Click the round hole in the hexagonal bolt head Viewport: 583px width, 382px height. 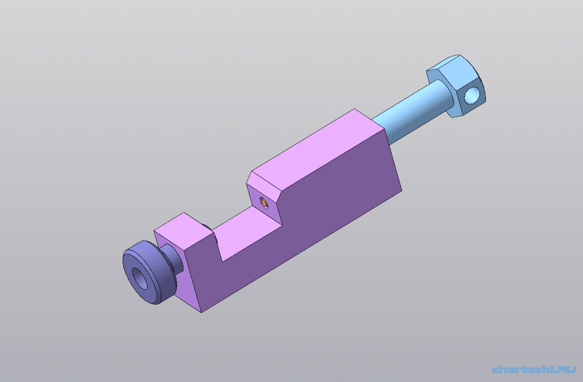[x=472, y=94]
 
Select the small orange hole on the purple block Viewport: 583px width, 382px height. [x=264, y=203]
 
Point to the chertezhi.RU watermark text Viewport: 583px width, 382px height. [x=534, y=369]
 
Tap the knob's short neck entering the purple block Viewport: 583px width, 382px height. [x=174, y=257]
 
